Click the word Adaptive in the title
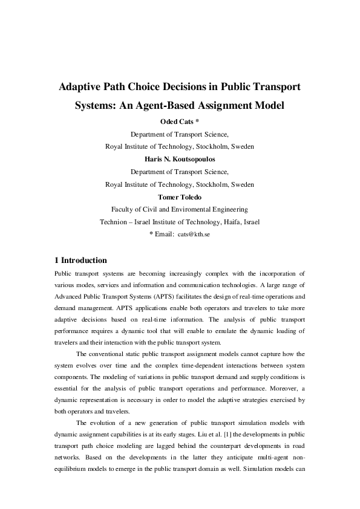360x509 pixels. (x=81, y=87)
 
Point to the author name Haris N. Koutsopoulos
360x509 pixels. (x=180, y=159)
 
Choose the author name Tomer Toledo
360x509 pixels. (x=180, y=196)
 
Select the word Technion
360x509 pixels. (x=115, y=222)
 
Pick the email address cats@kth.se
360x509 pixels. (x=194, y=234)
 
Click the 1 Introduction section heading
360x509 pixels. (x=80, y=261)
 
